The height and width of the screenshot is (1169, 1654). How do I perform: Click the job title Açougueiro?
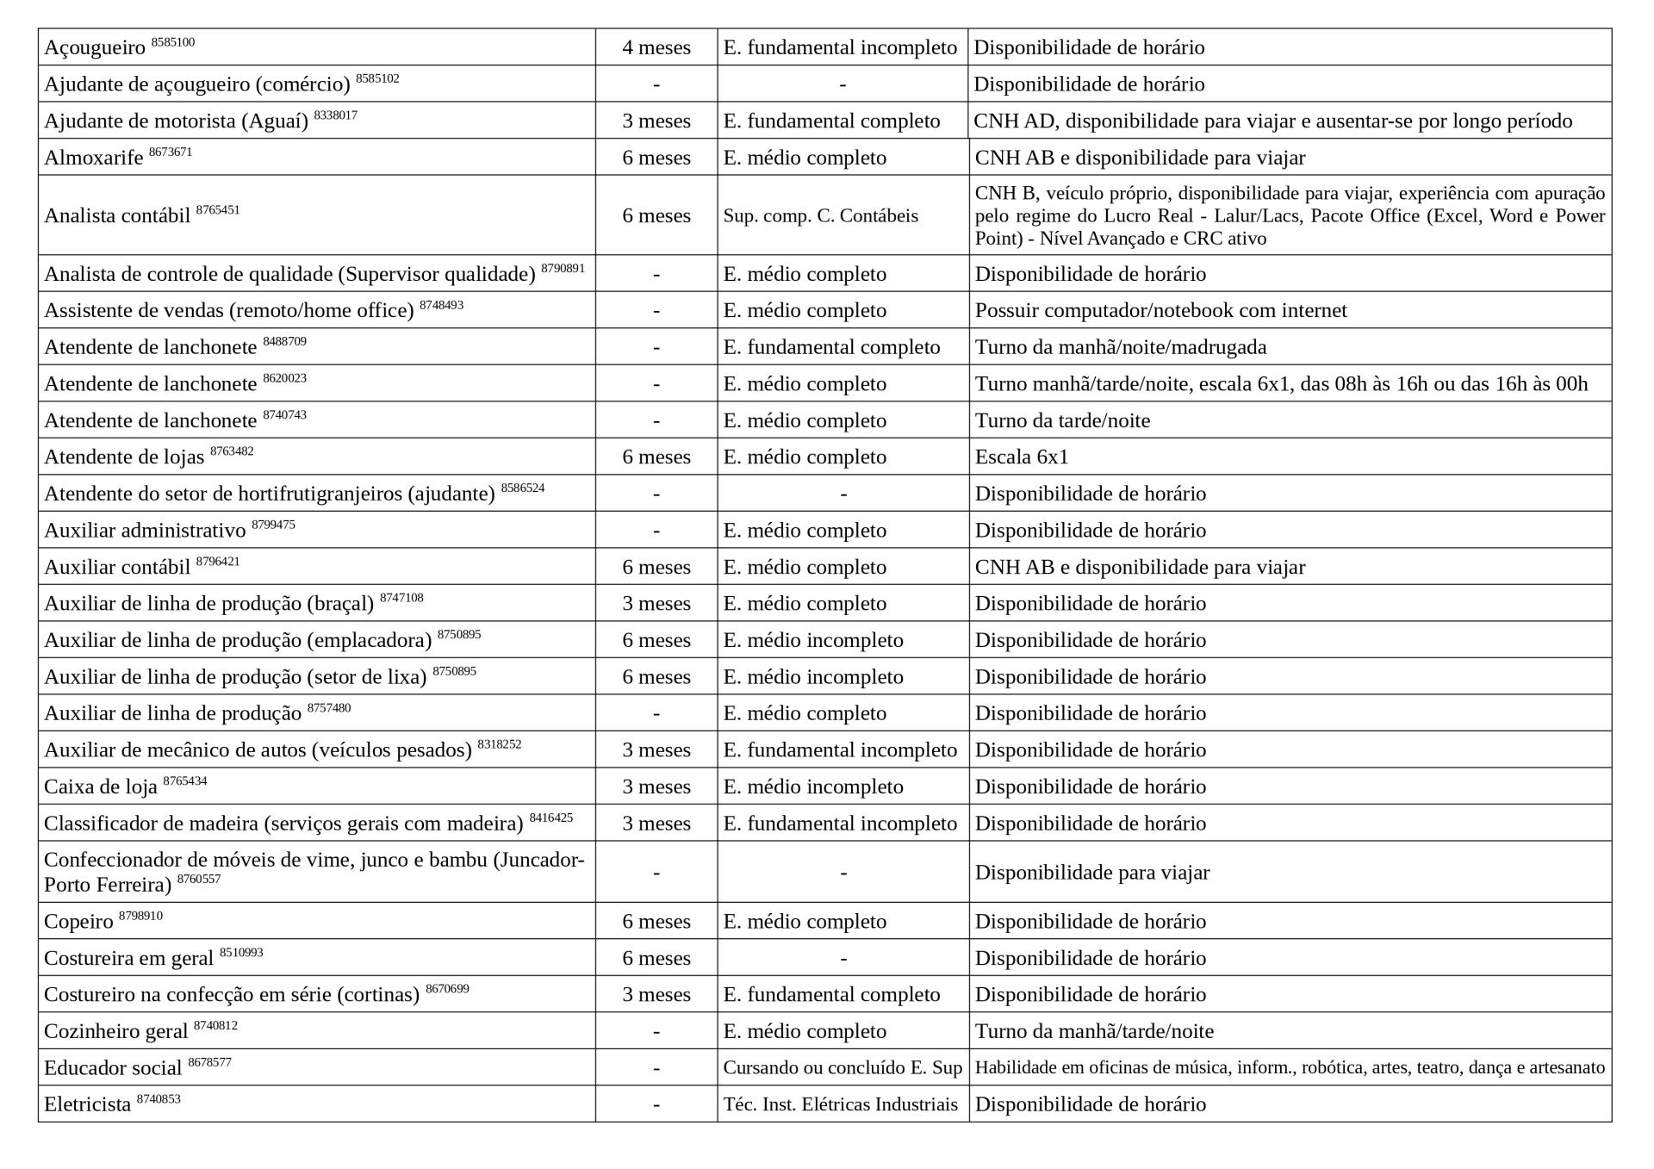(95, 48)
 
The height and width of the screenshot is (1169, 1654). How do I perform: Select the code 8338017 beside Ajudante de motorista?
(335, 115)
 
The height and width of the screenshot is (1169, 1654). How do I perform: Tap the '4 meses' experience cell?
(656, 48)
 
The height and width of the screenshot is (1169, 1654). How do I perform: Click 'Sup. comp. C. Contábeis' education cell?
(820, 215)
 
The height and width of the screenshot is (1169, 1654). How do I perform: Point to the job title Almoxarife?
(93, 159)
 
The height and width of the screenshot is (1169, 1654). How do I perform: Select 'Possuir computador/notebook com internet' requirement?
(1160, 311)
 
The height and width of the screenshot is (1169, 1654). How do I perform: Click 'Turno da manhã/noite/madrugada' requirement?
(1120, 347)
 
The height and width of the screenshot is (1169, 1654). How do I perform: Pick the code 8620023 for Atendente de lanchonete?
(284, 378)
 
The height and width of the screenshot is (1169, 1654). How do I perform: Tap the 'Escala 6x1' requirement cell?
(1022, 457)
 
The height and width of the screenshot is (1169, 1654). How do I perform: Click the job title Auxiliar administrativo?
(145, 531)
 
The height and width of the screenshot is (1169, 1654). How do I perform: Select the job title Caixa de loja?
(101, 787)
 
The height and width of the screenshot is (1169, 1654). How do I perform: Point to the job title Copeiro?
(78, 922)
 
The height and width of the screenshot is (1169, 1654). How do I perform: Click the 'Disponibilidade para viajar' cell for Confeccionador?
(1091, 873)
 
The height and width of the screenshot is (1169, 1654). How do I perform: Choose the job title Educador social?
(113, 1069)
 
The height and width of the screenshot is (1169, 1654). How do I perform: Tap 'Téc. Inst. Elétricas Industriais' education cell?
(840, 1104)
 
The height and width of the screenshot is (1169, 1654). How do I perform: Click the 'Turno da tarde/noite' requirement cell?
(1062, 420)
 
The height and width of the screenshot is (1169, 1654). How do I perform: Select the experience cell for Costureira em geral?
(656, 958)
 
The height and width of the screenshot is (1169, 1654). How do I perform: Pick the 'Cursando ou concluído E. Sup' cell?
(842, 1068)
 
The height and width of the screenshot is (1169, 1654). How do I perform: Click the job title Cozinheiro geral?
(115, 1032)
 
